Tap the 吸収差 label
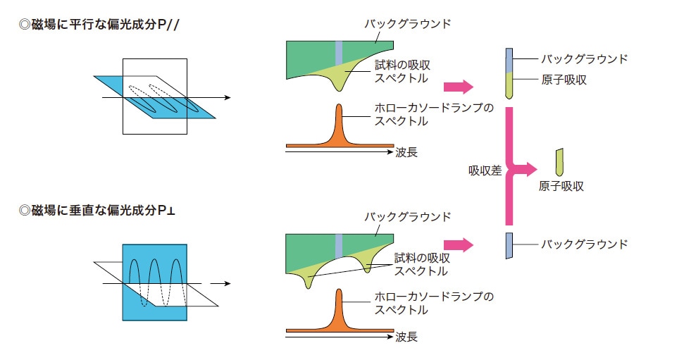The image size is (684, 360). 485,170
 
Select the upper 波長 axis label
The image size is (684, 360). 406,151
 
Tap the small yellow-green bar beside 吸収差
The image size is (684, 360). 560,161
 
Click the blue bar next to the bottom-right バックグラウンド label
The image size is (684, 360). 509,245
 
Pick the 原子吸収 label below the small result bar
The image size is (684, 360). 561,187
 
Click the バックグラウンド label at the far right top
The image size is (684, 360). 584,59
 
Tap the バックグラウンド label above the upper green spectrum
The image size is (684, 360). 407,24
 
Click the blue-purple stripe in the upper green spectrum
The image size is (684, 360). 339,52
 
